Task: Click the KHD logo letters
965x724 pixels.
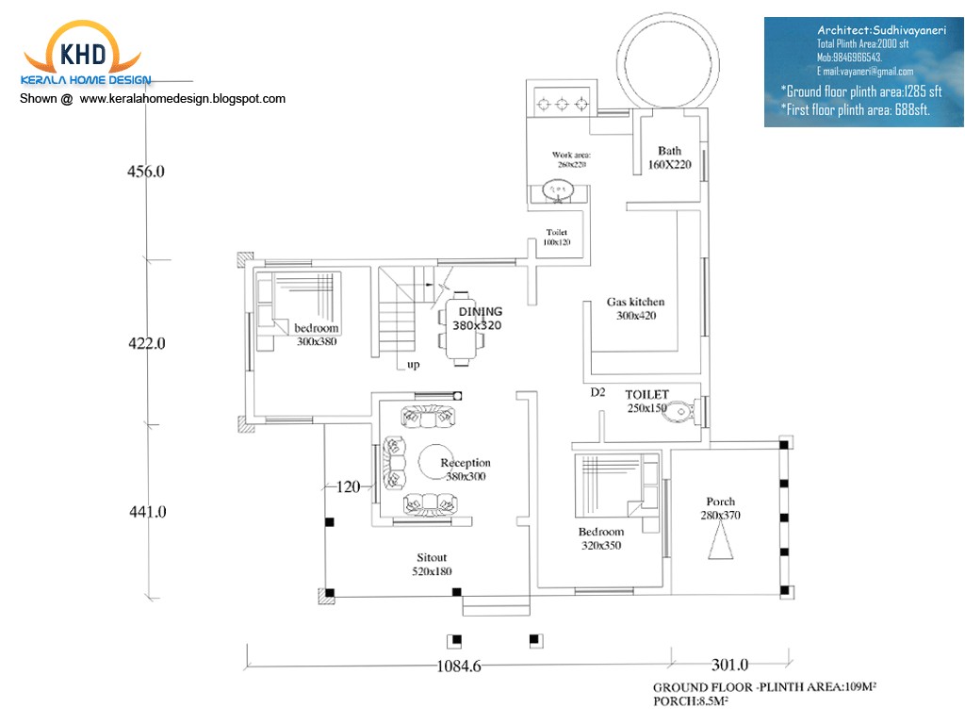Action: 84,53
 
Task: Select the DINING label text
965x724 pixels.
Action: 481,312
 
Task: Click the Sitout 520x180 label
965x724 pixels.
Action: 432,565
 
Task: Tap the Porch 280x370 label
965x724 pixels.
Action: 721,508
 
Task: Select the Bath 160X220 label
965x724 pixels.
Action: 669,157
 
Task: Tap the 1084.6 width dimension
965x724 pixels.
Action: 459,666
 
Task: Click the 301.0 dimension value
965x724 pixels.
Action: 729,664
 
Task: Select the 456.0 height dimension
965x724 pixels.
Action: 146,172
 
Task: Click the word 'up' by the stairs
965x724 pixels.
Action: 414,365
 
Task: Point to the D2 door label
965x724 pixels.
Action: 597,392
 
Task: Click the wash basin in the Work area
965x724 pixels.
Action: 558,191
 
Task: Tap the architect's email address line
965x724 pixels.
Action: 865,72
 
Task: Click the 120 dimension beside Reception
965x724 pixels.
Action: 349,487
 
